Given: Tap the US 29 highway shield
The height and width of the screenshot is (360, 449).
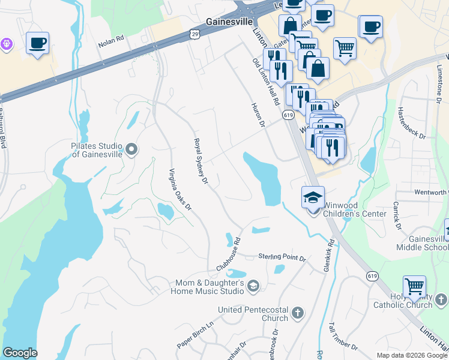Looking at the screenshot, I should [x=194, y=35].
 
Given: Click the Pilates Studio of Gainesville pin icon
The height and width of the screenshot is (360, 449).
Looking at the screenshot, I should [x=131, y=148].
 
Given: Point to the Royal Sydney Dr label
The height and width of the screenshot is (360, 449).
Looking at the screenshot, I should [x=200, y=161].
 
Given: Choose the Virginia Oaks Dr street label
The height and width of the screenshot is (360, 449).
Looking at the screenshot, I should [x=179, y=189].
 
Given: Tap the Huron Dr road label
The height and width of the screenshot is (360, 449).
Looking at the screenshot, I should [x=258, y=115].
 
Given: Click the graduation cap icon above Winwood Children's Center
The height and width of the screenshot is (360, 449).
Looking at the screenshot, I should [x=313, y=197].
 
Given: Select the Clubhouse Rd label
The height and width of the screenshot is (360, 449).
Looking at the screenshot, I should [x=229, y=254].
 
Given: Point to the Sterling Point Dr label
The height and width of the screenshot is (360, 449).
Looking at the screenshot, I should [x=282, y=257].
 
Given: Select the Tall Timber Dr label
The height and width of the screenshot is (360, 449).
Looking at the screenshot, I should [x=342, y=337].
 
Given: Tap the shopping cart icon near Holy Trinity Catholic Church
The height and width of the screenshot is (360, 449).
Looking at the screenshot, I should [x=414, y=287].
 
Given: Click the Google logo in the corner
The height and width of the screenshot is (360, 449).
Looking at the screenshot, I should [x=20, y=353].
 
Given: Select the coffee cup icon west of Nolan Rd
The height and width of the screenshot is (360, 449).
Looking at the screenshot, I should [x=38, y=43].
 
